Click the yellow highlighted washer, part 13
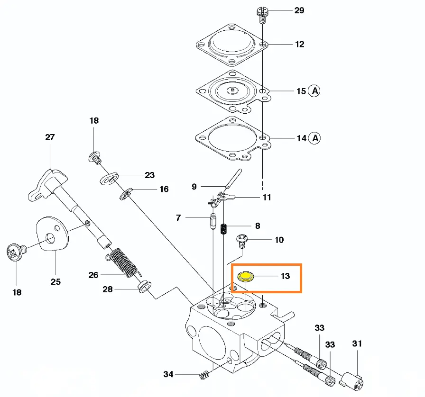coord(246,276)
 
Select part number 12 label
coord(299,45)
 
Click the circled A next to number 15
coord(314,91)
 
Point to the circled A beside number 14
coord(314,138)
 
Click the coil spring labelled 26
coord(125,264)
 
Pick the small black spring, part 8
coord(226,228)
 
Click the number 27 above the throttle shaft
coord(50,137)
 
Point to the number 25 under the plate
coord(55,281)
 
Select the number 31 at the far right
coord(357,343)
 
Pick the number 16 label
coord(164,189)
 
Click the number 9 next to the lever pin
coord(194,187)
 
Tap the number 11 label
coord(267,197)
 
